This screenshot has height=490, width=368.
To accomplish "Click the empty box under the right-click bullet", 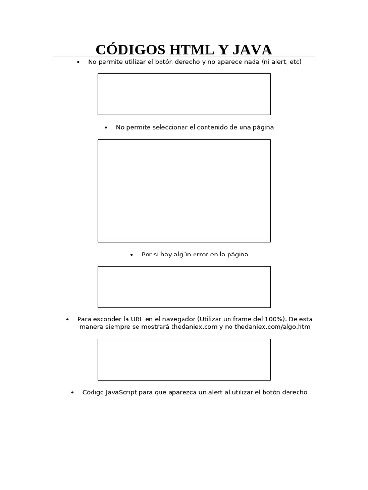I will click(184, 94).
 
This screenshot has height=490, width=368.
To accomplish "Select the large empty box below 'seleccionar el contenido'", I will click(184, 190).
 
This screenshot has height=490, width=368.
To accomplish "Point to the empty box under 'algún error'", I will click(184, 287).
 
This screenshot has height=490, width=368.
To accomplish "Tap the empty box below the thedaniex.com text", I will click(184, 359).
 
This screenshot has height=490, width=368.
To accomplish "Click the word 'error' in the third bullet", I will click(201, 255).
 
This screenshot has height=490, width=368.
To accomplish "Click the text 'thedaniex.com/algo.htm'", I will click(272, 327).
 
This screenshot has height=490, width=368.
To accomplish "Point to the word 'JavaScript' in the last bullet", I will click(121, 392).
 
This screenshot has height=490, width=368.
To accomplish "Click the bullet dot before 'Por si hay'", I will click(132, 255).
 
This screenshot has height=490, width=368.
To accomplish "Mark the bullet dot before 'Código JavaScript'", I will click(72, 393).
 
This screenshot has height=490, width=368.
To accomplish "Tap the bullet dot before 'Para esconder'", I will click(67, 319).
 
